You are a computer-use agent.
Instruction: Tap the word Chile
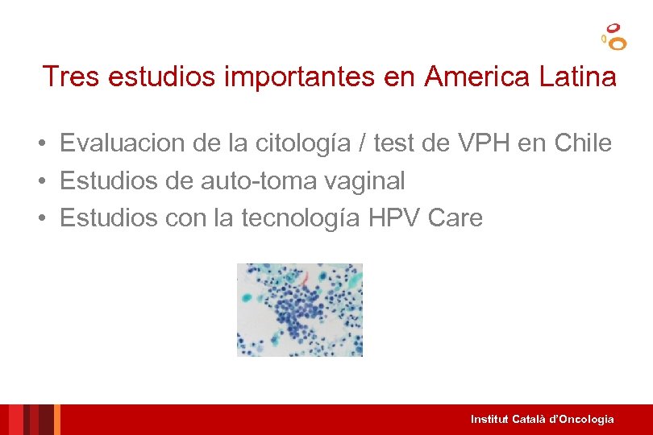583,143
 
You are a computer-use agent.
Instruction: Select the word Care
455,218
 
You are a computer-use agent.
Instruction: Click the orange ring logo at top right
614,36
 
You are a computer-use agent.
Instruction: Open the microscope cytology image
300,309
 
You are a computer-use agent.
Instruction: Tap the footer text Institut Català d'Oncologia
542,419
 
